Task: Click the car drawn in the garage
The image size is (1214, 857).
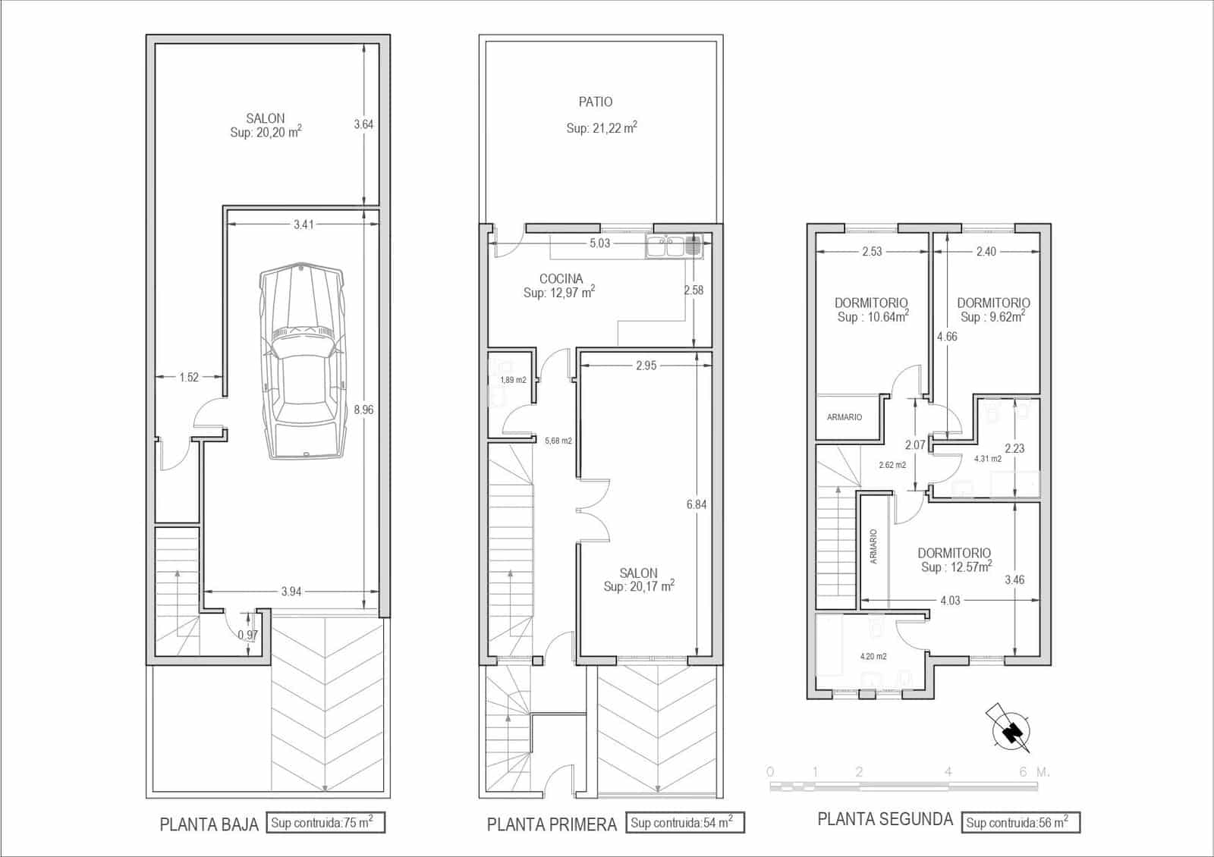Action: [303, 363]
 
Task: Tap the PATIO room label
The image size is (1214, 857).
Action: [596, 102]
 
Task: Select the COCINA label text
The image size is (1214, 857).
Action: [561, 278]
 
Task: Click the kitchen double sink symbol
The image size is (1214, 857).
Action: [674, 246]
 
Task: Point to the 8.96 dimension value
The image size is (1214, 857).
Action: [363, 410]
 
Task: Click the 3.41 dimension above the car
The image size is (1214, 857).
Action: [303, 224]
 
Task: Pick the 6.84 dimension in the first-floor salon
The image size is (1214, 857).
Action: [696, 504]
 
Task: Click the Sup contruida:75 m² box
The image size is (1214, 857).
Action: [326, 823]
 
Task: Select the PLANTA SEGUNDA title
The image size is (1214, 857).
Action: [885, 819]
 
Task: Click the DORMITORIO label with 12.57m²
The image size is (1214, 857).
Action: [954, 553]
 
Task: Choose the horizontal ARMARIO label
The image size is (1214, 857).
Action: [844, 417]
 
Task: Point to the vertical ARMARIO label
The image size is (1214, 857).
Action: [873, 546]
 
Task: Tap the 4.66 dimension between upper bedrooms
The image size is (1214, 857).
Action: [946, 337]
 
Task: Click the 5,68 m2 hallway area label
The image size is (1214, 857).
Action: [558, 441]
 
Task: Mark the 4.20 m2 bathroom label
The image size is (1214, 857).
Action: [873, 657]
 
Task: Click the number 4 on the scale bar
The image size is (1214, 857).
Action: [948, 772]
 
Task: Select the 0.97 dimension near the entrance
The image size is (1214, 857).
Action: [247, 635]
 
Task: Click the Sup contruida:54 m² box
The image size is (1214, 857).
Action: [684, 823]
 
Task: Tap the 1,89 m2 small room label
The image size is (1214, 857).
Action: [513, 380]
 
